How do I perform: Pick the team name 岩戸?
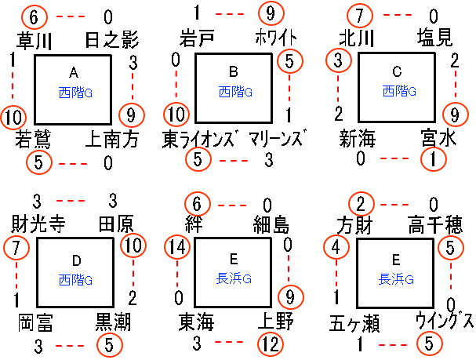pos(198,38)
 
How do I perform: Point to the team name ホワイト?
pos(274,38)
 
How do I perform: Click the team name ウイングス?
pos(445,322)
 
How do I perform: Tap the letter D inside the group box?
pos(74,260)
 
